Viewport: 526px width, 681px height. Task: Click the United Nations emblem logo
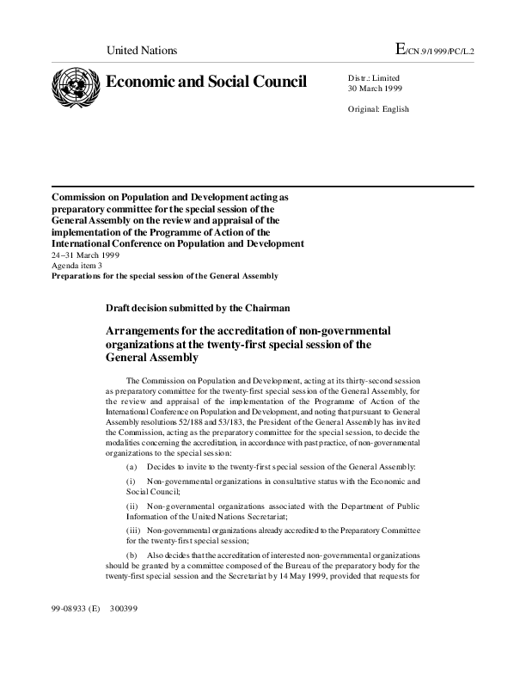pyautogui.click(x=76, y=86)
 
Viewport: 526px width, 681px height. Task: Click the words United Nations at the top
pyautogui.click(x=141, y=51)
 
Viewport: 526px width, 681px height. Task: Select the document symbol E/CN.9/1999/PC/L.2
pyautogui.click(x=434, y=50)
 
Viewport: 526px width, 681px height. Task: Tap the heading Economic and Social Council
pyautogui.click(x=205, y=82)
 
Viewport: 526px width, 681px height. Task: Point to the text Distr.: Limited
pyautogui.click(x=374, y=78)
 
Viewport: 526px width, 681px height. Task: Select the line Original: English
pyautogui.click(x=378, y=109)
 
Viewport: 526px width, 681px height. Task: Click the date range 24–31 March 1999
pyautogui.click(x=85, y=255)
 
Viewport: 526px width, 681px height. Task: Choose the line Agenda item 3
pyautogui.click(x=76, y=266)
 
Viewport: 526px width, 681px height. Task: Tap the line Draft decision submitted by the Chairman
pyautogui.click(x=198, y=307)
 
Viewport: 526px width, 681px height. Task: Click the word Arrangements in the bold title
pyautogui.click(x=149, y=330)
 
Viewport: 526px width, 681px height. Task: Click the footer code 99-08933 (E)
pyautogui.click(x=76, y=609)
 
